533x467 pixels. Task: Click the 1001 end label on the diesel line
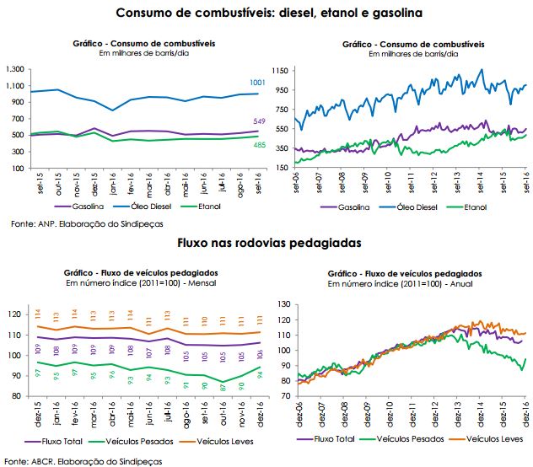(x=257, y=82)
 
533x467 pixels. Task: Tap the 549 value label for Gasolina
(x=259, y=122)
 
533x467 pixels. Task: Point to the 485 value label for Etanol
(x=259, y=144)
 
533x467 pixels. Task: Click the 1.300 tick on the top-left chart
(x=15, y=68)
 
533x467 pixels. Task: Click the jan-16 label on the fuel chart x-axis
(x=112, y=184)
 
